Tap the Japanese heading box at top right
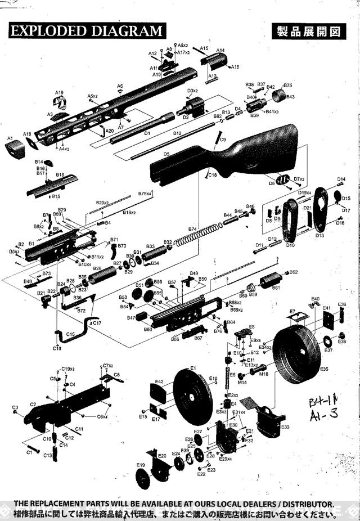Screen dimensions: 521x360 [308, 31]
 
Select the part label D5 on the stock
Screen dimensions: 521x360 [166, 154]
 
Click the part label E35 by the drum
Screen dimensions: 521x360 [323, 369]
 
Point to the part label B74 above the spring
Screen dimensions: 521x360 [192, 230]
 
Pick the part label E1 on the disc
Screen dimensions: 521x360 [192, 368]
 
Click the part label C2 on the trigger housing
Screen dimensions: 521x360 [33, 405]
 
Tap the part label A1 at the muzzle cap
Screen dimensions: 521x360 [10, 138]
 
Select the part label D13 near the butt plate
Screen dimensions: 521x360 [319, 235]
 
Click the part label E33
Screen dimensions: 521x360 [285, 428]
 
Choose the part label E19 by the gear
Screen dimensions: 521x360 [141, 465]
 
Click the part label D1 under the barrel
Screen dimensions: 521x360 [147, 133]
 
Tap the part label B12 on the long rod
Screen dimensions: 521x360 [177, 133]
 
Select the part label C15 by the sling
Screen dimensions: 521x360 [70, 334]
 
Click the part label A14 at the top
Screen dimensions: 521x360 [220, 50]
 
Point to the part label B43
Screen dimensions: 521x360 [290, 97]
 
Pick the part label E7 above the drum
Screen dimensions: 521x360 [292, 311]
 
